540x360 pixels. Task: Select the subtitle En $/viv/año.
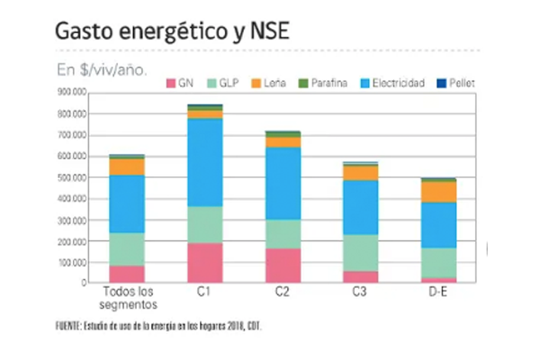[x=102, y=68]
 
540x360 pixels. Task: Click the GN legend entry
[x=181, y=83]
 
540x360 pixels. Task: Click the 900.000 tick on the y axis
[x=73, y=92]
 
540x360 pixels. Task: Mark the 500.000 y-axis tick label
[x=73, y=177]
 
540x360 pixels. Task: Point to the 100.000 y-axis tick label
[x=73, y=263]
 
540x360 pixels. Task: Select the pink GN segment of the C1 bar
[x=204, y=262]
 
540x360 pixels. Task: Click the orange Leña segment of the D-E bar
[x=438, y=192]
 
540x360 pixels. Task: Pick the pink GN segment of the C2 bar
[x=282, y=265]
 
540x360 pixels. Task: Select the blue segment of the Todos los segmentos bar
[x=127, y=203]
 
